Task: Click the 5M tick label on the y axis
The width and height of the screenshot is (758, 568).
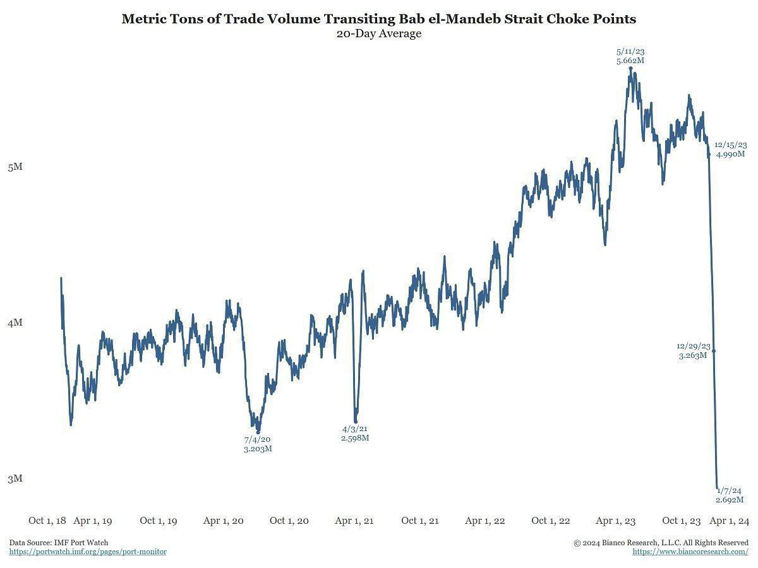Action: click(x=15, y=167)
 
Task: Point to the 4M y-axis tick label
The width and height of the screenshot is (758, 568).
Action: click(x=15, y=322)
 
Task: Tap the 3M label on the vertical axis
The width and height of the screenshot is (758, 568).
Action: click(x=15, y=478)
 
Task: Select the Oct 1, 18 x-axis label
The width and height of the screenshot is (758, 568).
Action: click(x=47, y=521)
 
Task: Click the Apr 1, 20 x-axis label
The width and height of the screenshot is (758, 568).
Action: click(x=223, y=521)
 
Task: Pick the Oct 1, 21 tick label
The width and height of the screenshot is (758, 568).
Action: click(x=420, y=521)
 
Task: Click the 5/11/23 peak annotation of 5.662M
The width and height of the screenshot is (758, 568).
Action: click(x=630, y=56)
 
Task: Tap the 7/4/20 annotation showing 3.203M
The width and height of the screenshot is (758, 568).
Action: click(x=258, y=444)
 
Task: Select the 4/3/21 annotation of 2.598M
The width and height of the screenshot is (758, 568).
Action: click(x=355, y=434)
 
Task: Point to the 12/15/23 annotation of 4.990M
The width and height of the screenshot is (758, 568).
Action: click(x=731, y=150)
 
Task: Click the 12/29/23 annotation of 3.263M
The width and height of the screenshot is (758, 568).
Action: click(x=693, y=351)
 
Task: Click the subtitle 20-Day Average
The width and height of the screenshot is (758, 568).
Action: click(x=379, y=34)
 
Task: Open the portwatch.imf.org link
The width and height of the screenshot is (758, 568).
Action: click(x=88, y=552)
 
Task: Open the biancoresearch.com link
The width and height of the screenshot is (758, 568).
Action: click(x=690, y=552)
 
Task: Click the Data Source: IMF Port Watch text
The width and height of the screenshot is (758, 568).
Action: click(x=59, y=543)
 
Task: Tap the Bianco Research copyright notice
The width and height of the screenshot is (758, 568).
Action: click(x=661, y=543)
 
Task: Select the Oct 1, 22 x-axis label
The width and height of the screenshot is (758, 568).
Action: click(x=551, y=521)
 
